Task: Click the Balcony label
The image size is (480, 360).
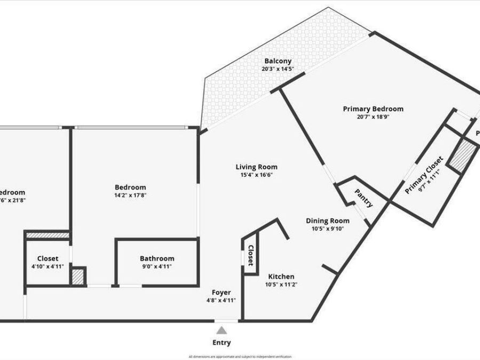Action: tap(276, 61)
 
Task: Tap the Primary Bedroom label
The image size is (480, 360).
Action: tap(373, 109)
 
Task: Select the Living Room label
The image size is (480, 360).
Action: tap(257, 167)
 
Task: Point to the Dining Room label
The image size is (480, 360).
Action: tap(327, 221)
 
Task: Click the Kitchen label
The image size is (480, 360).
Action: tap(281, 277)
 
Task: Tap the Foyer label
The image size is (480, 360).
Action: tap(221, 292)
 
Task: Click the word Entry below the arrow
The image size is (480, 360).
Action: tap(222, 343)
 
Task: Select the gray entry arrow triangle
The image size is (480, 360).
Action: tap(221, 331)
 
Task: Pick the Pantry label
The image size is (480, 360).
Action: tap(363, 197)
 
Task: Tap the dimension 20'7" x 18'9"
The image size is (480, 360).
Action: tap(373, 117)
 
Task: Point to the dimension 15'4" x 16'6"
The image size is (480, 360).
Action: tap(257, 175)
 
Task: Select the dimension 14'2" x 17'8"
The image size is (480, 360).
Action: tap(130, 195)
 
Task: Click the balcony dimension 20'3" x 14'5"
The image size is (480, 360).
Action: tap(276, 69)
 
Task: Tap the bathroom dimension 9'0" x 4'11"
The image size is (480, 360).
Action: tap(157, 267)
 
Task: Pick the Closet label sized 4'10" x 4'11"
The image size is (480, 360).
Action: tap(47, 259)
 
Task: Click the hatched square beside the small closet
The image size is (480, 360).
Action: tap(78, 277)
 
